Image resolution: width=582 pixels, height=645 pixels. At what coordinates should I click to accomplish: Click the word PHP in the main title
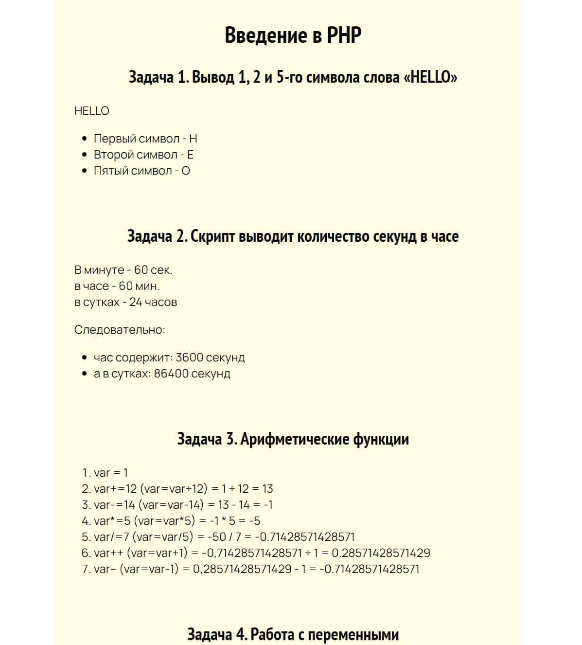tap(344, 36)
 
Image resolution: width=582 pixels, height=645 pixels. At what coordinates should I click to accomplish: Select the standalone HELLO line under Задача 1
tap(92, 111)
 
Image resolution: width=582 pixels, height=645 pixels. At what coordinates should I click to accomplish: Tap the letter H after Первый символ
tap(193, 139)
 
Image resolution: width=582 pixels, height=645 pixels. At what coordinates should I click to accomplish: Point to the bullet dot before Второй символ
tap(85, 155)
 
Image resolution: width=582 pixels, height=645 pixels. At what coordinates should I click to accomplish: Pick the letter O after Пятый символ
tap(186, 171)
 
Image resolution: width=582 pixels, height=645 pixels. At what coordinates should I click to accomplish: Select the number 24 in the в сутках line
tap(136, 302)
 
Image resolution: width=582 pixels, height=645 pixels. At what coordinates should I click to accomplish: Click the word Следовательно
tap(120, 330)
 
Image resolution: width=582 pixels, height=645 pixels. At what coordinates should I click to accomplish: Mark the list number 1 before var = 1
tap(86, 473)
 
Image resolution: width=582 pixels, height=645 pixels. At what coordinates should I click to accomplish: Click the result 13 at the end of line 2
tap(267, 489)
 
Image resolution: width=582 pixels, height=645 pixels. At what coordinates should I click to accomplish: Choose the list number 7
tap(86, 569)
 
